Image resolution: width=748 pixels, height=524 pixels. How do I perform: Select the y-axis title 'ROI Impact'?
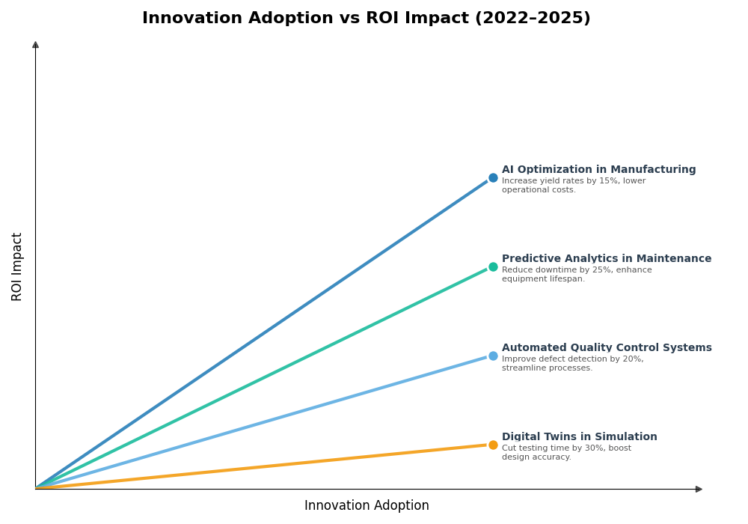click(x=17, y=266)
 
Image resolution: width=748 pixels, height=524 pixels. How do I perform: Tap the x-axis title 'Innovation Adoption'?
click(x=367, y=506)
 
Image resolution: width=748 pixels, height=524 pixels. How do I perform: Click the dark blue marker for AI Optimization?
click(x=493, y=178)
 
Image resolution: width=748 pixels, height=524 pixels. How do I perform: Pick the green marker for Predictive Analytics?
click(x=493, y=267)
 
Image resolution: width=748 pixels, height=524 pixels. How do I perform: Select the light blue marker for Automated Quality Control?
click(x=493, y=356)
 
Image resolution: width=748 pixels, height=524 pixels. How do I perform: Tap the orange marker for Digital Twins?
click(x=493, y=445)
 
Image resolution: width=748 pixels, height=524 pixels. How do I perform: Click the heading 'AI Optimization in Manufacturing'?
click(x=598, y=170)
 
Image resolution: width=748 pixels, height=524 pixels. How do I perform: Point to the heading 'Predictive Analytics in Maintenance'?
click(x=607, y=259)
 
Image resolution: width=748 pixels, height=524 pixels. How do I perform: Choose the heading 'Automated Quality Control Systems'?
click(x=607, y=348)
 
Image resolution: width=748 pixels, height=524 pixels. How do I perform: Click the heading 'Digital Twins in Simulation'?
click(x=580, y=437)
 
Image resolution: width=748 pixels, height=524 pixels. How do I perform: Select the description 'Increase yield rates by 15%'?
click(x=574, y=186)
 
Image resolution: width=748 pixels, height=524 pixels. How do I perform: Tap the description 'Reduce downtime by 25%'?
click(x=577, y=275)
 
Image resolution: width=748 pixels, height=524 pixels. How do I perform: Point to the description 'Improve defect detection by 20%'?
click(x=572, y=364)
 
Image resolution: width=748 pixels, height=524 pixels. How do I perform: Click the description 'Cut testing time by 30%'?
click(x=566, y=453)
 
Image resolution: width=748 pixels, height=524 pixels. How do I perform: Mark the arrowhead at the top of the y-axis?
click(x=35, y=45)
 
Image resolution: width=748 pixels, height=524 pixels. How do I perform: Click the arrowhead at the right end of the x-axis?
click(x=699, y=490)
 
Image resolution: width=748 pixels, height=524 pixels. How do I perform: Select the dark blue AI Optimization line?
click(x=262, y=333)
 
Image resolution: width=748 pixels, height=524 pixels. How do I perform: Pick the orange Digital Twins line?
click(x=262, y=467)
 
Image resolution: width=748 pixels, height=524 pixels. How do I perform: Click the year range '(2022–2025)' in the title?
click(x=533, y=19)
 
